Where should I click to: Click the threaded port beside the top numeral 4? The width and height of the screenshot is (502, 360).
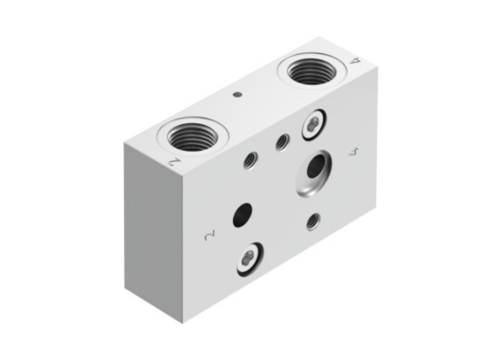click(x=311, y=71)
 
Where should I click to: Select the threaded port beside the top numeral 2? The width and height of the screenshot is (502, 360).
click(x=192, y=136)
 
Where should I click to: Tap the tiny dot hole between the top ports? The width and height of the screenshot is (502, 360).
click(x=238, y=95)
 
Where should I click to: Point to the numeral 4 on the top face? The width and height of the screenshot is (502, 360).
click(x=355, y=61)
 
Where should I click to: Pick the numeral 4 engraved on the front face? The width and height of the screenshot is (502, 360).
click(x=353, y=152)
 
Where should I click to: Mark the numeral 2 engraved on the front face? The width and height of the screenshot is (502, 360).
click(x=209, y=235)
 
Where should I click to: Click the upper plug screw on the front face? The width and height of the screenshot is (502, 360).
click(x=314, y=125)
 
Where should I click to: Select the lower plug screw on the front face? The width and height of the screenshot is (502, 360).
click(x=250, y=259)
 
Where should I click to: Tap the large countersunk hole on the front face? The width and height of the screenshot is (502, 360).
click(x=314, y=172)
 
